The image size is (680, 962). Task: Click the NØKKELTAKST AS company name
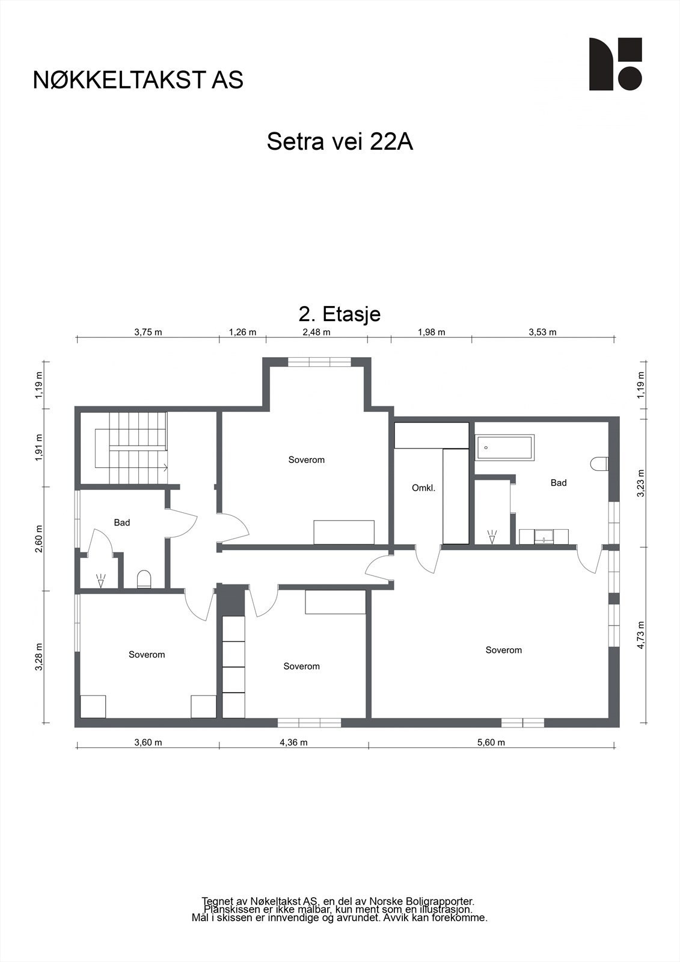(138, 80)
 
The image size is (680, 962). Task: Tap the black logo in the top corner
(615, 64)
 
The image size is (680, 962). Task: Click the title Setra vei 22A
(340, 142)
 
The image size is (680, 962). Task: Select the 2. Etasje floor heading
(340, 314)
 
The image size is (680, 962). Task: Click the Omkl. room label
(423, 488)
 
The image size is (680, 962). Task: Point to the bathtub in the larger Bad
(504, 448)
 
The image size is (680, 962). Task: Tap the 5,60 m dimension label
(491, 742)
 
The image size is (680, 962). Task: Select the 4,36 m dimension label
(293, 742)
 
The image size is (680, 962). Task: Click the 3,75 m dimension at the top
(148, 332)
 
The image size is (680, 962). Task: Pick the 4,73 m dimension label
(641, 635)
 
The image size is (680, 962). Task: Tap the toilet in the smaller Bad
(144, 579)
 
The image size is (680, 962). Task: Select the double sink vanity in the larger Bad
(544, 536)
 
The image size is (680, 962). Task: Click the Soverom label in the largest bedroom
(503, 650)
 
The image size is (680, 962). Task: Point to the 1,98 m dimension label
(431, 332)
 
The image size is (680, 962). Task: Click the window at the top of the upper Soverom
(319, 362)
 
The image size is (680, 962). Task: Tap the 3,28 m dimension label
(39, 657)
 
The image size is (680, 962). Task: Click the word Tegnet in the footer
(217, 901)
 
